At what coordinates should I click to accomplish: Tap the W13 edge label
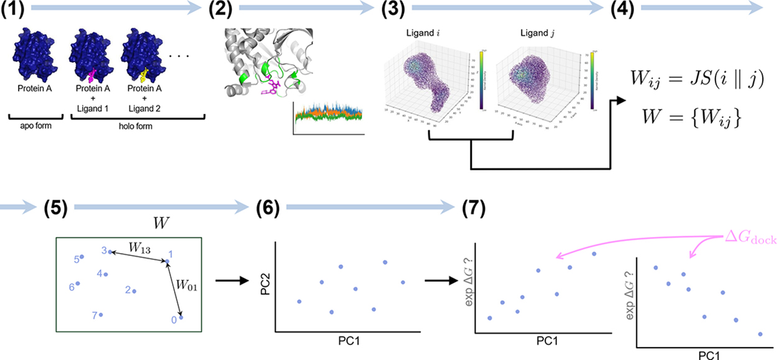pyautogui.click(x=139, y=247)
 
